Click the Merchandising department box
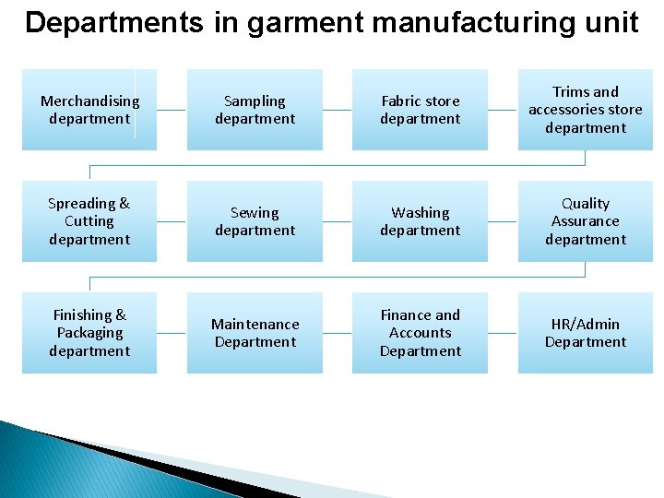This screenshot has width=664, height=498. click(89, 110)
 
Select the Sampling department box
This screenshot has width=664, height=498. click(255, 110)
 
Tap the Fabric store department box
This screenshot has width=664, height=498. click(420, 110)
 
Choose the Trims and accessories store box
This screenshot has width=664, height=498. click(585, 110)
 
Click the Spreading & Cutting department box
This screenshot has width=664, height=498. click(89, 221)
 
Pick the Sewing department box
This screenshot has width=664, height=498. click(255, 221)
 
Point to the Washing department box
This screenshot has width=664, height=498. click(420, 221)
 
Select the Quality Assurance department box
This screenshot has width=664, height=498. click(585, 221)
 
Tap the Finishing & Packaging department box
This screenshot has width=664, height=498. click(89, 333)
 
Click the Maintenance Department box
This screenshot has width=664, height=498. click(255, 333)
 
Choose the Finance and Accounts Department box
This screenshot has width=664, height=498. click(420, 333)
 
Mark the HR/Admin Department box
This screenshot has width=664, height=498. click(585, 333)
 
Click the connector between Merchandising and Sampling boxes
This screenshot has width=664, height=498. click(172, 110)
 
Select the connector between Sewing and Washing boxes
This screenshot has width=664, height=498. click(338, 221)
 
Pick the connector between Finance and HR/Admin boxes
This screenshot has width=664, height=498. click(503, 333)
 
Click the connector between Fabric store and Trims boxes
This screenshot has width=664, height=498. click(503, 110)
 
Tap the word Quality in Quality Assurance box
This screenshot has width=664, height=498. click(586, 203)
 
